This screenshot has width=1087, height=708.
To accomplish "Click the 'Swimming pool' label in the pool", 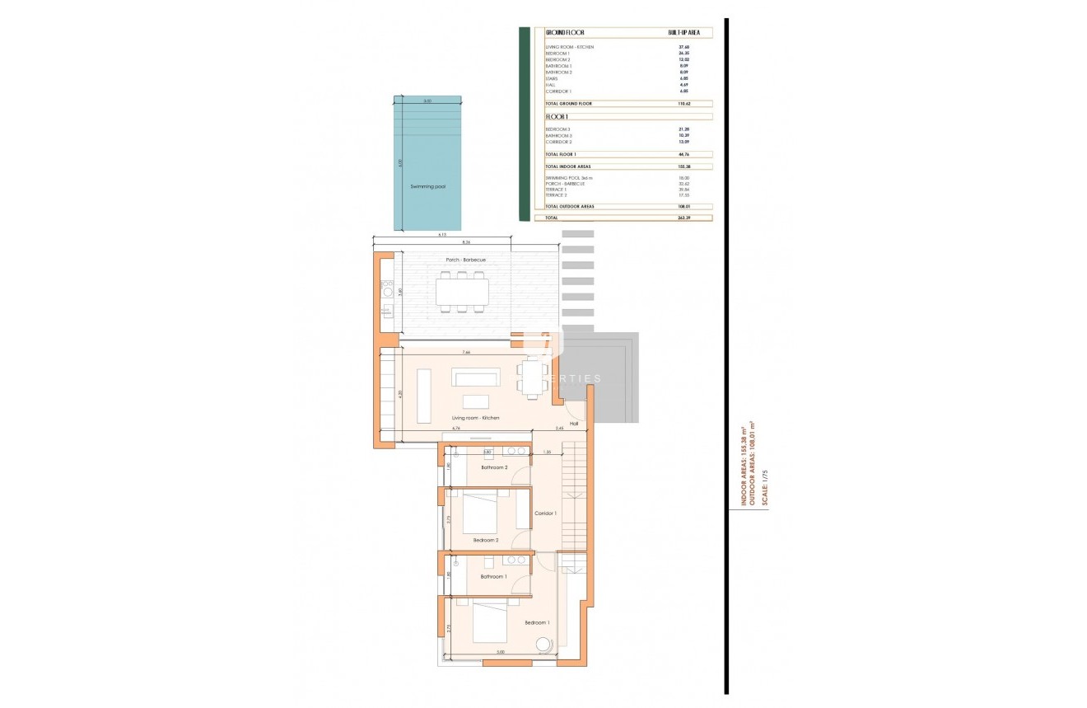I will pos(427,187).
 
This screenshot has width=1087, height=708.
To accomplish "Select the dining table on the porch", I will pos(462,292).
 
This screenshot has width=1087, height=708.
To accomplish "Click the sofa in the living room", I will pos(475,377).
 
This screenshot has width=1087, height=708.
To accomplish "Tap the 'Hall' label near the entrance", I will pos(573,424).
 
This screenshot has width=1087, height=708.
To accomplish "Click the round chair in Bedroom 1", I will pos(543,645).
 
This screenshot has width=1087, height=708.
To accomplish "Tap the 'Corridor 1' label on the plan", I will pos(546,513).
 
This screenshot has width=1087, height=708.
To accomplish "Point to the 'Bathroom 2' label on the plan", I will pos(494,467).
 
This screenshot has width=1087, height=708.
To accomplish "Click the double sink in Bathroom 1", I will pos(494,561).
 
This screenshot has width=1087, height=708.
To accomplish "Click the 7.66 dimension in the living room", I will pos(466,353).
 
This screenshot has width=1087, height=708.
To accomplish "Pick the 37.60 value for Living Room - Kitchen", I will pos(683,47).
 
